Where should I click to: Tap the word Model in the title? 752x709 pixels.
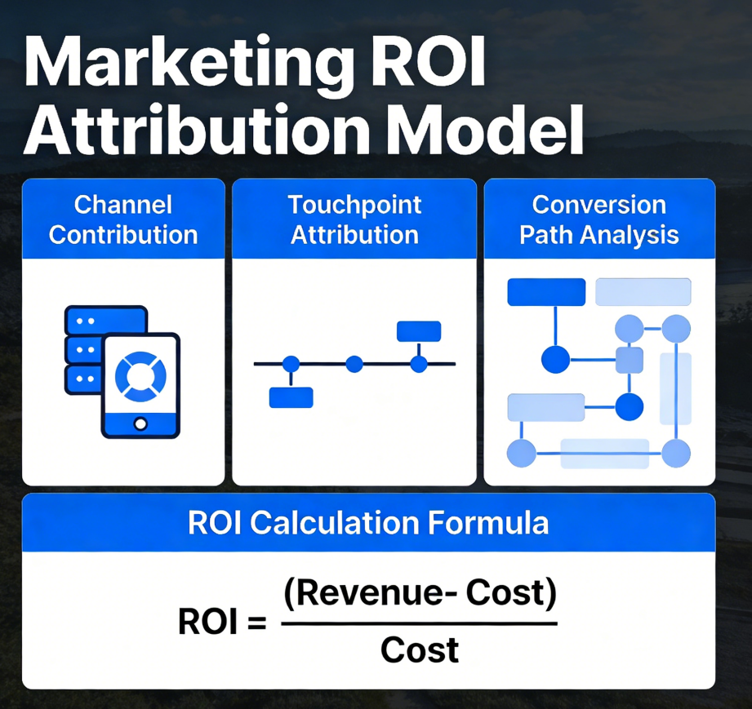[x=487, y=130]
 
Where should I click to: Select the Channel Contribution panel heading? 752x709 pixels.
[x=123, y=220]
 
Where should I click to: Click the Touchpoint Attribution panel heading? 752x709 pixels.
[x=354, y=220]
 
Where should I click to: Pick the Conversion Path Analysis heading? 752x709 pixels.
[x=599, y=220]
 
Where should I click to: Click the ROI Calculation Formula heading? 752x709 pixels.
[x=368, y=522]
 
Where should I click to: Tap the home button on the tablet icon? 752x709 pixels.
[x=140, y=423]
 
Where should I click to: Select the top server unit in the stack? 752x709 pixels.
[x=106, y=319]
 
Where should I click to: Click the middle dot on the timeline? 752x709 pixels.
[x=354, y=365]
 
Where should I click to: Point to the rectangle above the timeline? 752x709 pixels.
[x=419, y=331]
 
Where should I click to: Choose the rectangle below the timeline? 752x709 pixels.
[x=291, y=397]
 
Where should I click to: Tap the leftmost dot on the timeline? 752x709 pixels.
[x=291, y=365]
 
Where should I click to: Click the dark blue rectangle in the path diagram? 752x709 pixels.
[x=546, y=292]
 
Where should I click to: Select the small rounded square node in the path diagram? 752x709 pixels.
[x=630, y=360]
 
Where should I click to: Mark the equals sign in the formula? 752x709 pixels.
[x=256, y=623]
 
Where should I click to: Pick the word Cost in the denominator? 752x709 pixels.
[x=420, y=649]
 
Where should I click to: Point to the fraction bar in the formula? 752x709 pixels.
[x=419, y=623]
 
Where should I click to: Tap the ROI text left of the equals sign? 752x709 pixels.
[x=207, y=623]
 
